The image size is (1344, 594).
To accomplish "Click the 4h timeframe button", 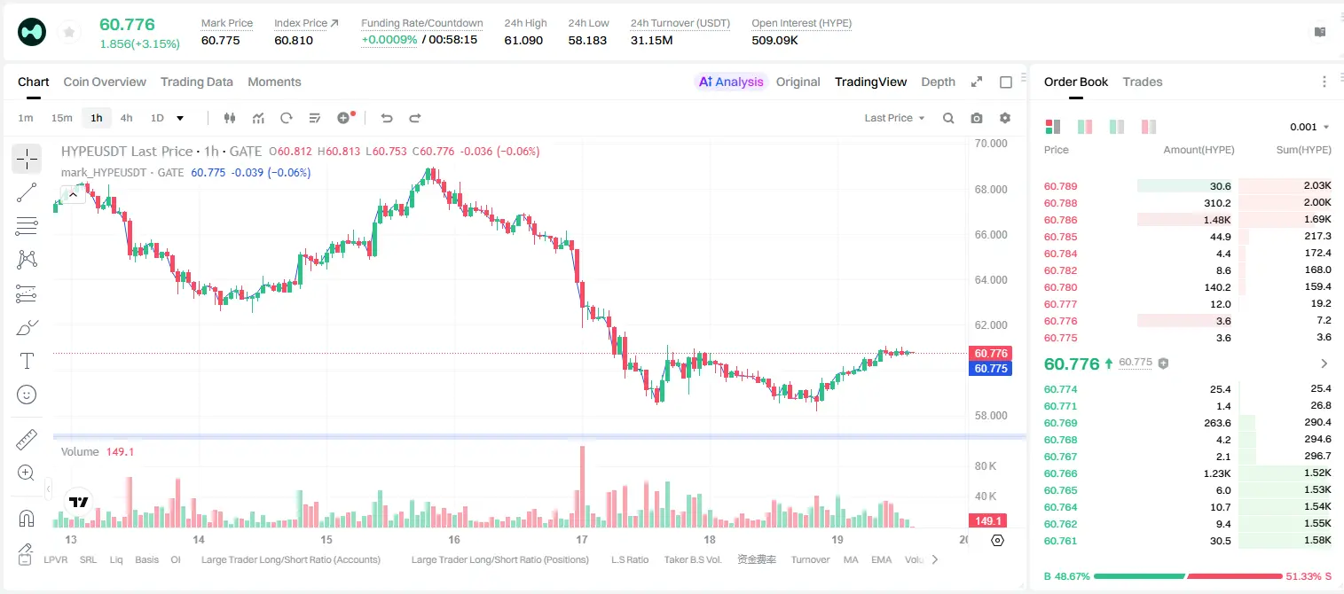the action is point(126,118).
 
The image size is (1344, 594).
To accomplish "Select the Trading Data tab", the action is point(196,82).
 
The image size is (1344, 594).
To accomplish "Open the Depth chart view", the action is point(938,82).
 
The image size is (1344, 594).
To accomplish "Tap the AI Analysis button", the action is point(731,82).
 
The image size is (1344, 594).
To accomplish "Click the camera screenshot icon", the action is point(977,118).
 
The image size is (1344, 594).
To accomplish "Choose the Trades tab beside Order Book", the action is point(1143,82).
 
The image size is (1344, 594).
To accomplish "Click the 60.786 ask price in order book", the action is point(1060,220).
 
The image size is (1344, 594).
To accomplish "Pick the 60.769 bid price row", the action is point(1060,423).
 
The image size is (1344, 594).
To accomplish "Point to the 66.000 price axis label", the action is point(991,234).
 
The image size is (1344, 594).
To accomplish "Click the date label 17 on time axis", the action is point(581,539).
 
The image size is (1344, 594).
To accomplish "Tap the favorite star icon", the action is point(69,32).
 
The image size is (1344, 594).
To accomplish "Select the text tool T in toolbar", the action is point(27,361).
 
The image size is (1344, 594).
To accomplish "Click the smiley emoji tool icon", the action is point(27,395).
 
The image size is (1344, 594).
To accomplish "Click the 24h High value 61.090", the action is point(523,40).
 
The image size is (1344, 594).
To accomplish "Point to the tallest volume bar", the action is point(582,486).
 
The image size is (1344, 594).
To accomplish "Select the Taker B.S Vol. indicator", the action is point(692,559).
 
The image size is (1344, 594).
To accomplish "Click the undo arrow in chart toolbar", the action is point(387,118).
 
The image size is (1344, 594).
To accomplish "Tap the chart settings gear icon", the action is point(1005,118).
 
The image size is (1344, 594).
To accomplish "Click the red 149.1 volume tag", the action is point(987,521).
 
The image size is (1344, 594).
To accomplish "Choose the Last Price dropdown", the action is point(894,118).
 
